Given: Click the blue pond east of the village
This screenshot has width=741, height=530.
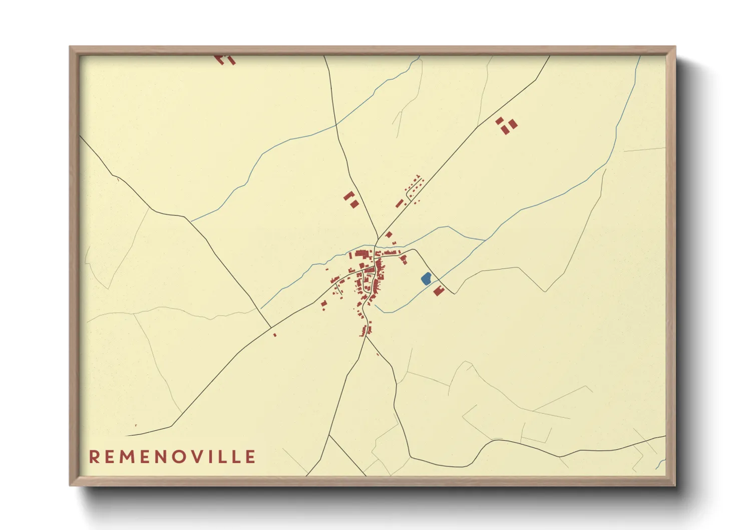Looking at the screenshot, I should [426, 279].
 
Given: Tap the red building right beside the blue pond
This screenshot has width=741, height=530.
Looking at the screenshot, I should [439, 291].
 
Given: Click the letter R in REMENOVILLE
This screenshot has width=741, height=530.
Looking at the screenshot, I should [94, 457].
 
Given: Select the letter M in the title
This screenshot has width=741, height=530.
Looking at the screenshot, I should [127, 457].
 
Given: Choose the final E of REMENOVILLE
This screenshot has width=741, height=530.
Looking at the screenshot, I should [250, 457].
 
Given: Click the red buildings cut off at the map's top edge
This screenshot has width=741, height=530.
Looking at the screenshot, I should [225, 60].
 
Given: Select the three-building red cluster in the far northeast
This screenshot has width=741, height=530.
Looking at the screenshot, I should [506, 125].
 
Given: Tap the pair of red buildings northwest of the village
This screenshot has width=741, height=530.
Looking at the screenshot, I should [351, 199].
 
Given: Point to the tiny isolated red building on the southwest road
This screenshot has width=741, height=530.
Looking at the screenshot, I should [275, 335].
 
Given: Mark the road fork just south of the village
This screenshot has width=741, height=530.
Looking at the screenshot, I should [366, 336].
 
